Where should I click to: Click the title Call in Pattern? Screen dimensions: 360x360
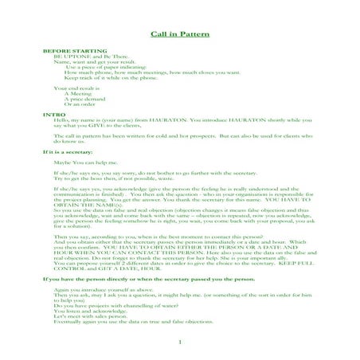[x=180, y=35]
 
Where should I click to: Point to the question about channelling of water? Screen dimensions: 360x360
[x=112, y=303]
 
